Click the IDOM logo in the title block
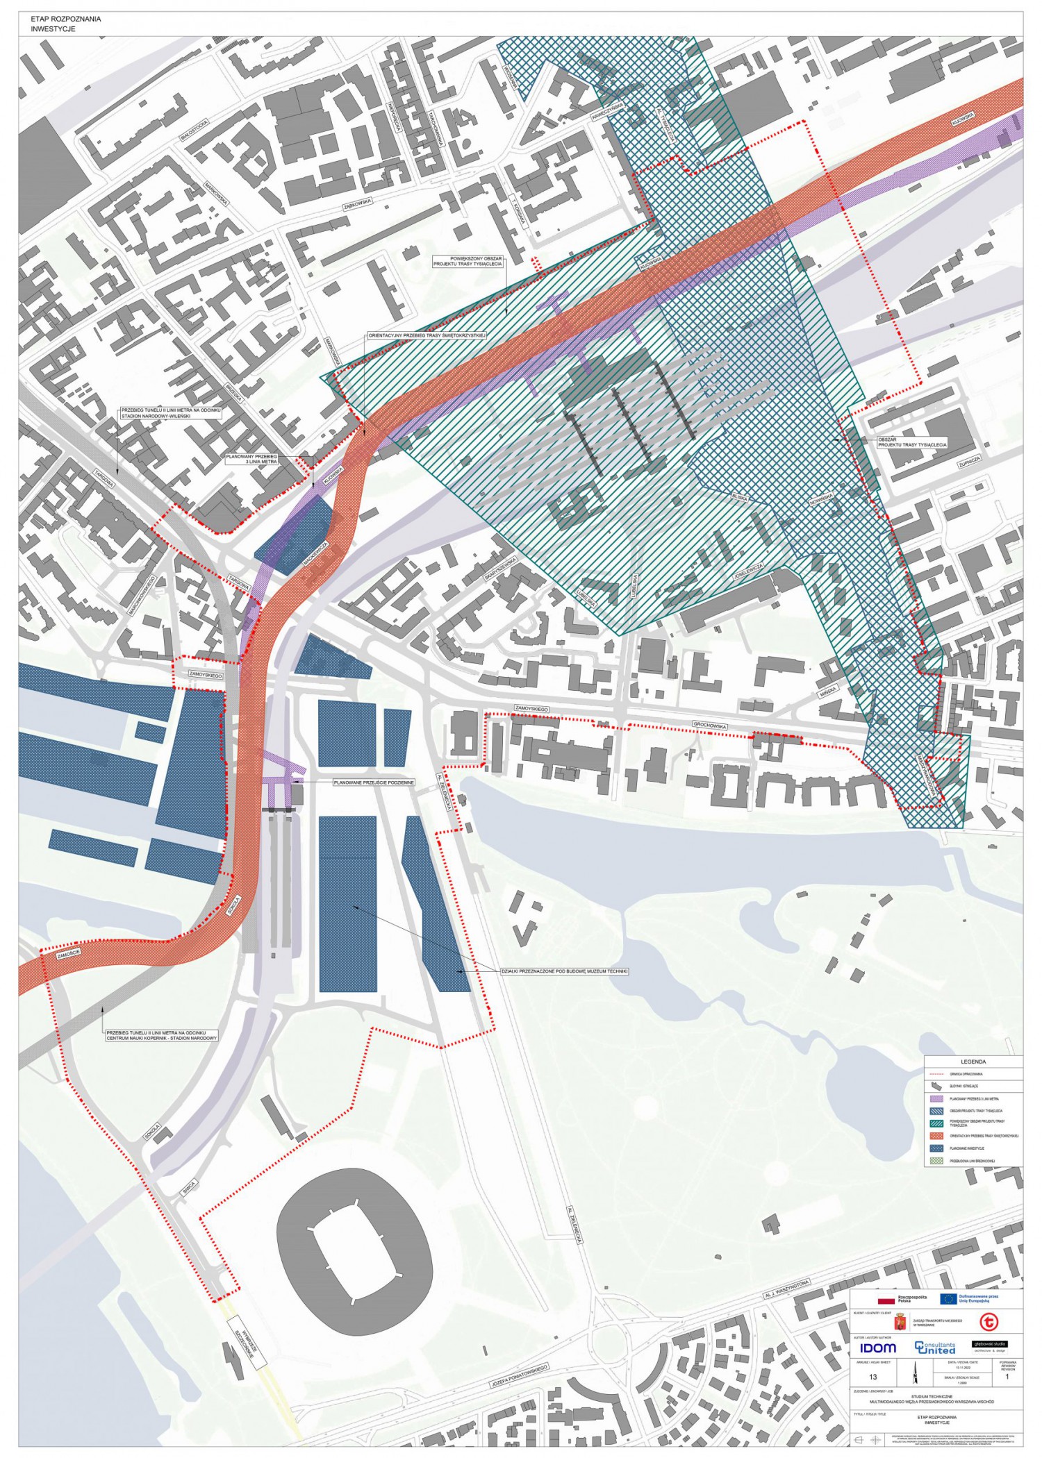point(878,1348)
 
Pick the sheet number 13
point(873,1377)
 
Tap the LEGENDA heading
point(973,1062)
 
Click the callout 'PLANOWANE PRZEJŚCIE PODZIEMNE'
point(374,782)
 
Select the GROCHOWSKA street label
point(710,726)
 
